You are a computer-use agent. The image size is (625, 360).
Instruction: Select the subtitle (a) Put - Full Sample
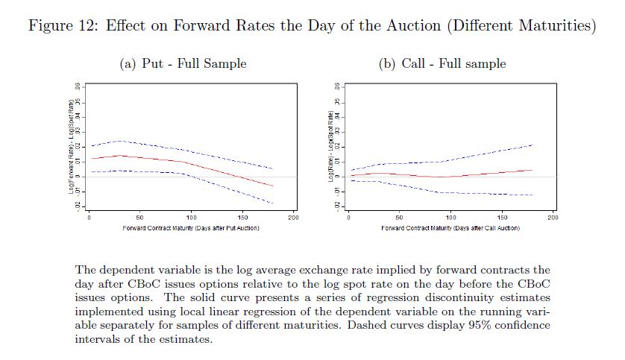(183, 64)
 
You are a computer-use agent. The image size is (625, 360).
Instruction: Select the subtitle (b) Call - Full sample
(442, 64)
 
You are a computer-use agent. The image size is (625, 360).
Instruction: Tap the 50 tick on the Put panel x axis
(139, 217)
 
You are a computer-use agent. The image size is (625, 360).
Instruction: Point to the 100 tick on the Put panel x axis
(191, 217)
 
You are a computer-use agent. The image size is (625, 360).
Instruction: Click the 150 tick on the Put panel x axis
(242, 217)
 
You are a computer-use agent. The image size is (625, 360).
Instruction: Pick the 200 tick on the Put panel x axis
(293, 217)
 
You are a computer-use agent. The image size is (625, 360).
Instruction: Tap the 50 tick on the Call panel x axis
(400, 217)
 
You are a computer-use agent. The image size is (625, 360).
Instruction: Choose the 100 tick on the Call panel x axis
(451, 217)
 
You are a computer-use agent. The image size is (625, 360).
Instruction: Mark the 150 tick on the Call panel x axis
(502, 217)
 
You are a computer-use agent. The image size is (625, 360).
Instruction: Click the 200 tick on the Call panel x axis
(553, 217)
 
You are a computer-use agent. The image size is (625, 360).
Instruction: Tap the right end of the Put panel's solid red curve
(273, 186)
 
